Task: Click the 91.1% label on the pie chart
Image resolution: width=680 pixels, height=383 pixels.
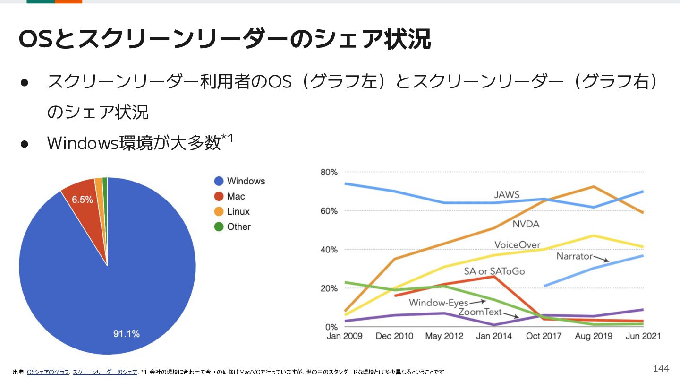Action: [126, 334]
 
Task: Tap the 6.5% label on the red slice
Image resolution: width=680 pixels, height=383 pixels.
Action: [82, 200]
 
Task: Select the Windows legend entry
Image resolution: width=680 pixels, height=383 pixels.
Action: [239, 181]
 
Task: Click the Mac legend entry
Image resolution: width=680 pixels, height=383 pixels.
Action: [229, 196]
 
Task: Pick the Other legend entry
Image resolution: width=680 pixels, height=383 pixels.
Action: [232, 226]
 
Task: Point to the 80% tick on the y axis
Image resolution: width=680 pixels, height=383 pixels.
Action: [329, 172]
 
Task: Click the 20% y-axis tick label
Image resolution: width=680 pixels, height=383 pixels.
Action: [329, 288]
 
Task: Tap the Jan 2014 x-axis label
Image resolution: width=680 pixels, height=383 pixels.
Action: [493, 336]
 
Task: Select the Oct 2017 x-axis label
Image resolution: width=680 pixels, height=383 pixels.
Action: [544, 336]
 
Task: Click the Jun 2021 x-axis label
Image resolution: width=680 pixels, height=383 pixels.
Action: [643, 336]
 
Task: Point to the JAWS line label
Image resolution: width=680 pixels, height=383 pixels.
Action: [507, 194]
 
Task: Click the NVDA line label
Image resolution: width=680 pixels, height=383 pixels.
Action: [526, 224]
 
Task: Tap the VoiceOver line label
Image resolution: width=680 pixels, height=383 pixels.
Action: [517, 245]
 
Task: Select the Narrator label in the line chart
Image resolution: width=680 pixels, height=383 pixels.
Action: [574, 256]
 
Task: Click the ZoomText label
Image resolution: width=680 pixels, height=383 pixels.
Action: [480, 312]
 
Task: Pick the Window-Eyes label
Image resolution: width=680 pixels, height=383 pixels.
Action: [439, 303]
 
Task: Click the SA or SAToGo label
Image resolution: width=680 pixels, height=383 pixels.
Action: [494, 271]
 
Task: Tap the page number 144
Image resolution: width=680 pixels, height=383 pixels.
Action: [661, 368]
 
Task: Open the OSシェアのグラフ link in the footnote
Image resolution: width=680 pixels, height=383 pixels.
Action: [48, 372]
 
